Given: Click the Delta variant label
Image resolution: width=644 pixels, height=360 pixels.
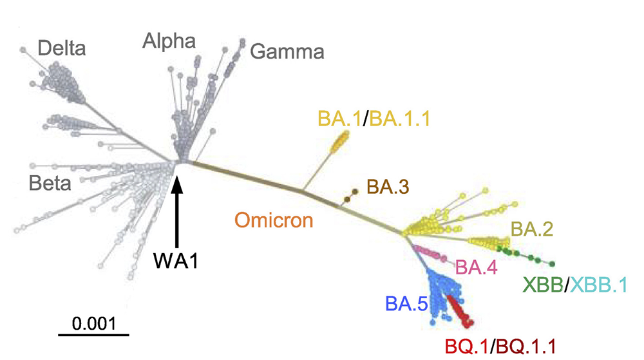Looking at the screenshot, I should (62, 48).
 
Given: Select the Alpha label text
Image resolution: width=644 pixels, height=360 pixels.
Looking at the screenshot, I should (169, 43).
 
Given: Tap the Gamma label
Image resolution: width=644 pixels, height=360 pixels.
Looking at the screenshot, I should (287, 51).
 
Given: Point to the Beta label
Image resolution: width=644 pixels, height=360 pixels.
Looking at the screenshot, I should (50, 184).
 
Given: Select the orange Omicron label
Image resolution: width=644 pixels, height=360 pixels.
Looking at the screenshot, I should (274, 220).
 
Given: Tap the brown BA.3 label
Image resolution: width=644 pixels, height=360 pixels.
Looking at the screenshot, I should (388, 187).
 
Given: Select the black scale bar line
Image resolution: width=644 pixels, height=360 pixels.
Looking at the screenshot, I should (94, 335).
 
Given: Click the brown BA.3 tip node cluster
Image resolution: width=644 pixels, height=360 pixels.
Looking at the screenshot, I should (351, 196).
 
